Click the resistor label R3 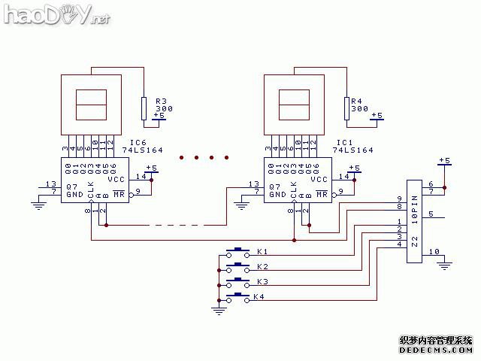tap(160, 101)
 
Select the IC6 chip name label tap(138, 142)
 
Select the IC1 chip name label tap(344, 142)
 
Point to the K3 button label tap(262, 282)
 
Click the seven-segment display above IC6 tap(92, 102)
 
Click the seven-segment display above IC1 tap(295, 102)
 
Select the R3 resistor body tap(144, 108)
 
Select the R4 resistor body tap(346, 108)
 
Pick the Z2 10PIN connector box tap(413, 221)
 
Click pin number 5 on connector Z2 tap(431, 214)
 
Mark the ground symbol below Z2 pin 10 tap(445, 264)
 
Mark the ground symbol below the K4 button tap(219, 308)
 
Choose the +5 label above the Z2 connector tap(444, 160)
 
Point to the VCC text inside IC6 tap(116, 180)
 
